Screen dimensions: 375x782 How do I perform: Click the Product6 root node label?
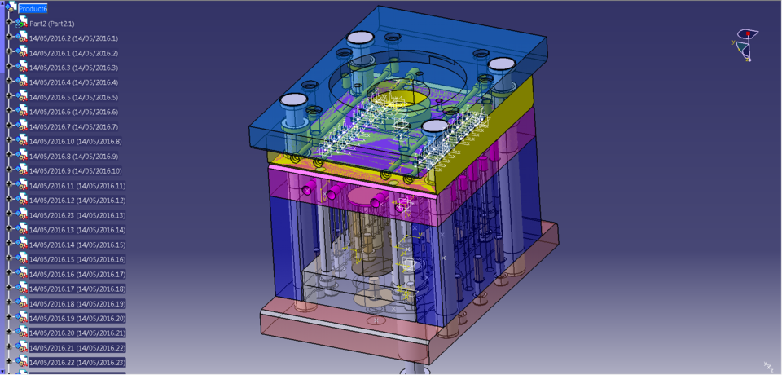(x=33, y=8)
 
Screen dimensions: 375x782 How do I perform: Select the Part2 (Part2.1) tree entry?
(x=51, y=24)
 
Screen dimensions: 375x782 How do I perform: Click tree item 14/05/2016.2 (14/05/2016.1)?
(x=73, y=38)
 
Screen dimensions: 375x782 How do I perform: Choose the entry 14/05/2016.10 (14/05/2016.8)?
(x=75, y=141)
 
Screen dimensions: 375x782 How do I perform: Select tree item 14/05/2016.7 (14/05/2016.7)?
(x=73, y=126)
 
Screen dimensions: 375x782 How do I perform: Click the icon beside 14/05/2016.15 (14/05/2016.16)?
(x=22, y=258)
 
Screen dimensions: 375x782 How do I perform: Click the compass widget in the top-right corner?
(x=746, y=45)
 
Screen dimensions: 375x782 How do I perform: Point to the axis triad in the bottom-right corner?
(x=767, y=366)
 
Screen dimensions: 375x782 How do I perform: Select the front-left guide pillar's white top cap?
(x=295, y=100)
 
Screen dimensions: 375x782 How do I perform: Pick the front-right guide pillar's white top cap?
(x=435, y=126)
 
